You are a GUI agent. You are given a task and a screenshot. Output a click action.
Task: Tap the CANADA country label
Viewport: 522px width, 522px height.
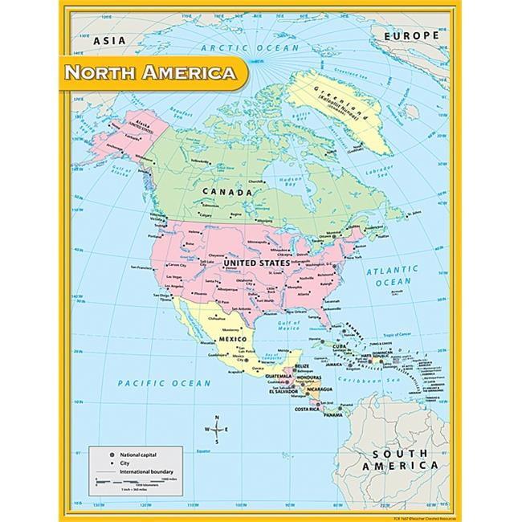[224, 192]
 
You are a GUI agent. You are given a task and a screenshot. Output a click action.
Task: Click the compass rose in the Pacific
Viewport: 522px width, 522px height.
[218, 429]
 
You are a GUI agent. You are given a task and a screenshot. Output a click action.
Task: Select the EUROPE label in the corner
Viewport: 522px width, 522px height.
[411, 35]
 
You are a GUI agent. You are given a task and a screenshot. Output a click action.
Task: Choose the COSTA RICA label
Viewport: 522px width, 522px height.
[307, 409]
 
